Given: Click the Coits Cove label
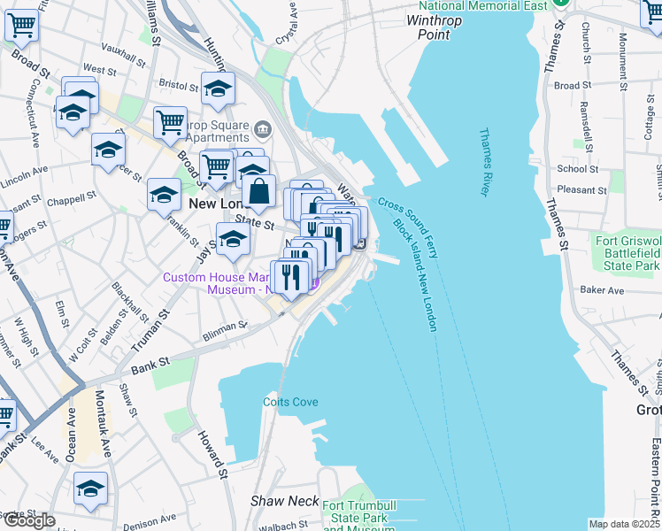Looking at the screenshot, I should tap(289, 402).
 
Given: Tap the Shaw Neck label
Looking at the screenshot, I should tap(284, 501).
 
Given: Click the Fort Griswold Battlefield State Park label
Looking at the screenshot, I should tap(628, 253).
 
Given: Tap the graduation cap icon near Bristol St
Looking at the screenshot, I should tap(218, 88).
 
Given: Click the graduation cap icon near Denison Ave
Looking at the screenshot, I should tap(90, 488).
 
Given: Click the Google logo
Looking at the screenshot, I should tap(28, 520).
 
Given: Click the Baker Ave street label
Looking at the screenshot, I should tap(602, 290).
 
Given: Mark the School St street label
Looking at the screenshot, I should tap(577, 169).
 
